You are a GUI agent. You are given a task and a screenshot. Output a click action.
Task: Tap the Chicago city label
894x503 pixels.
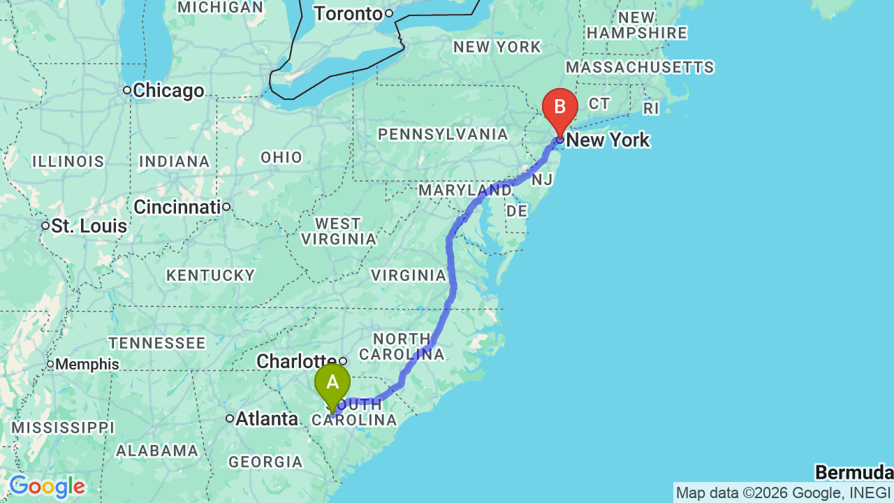168,91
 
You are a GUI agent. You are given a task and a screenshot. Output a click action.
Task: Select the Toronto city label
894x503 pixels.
349,13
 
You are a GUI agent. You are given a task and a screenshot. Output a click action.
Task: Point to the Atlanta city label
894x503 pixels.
267,419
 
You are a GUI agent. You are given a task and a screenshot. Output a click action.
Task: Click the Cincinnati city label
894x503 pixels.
177,207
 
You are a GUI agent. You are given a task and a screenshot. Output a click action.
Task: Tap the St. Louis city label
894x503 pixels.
89,226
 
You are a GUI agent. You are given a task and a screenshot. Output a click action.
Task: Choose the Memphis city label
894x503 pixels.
87,364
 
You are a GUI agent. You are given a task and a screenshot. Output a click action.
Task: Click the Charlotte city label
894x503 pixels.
296,361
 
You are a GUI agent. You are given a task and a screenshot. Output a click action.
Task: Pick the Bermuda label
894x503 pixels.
853,473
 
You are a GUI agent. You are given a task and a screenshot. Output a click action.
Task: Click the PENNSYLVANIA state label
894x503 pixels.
443,134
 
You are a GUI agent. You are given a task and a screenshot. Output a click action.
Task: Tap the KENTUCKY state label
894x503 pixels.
210,276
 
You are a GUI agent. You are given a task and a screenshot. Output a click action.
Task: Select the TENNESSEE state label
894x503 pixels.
157,343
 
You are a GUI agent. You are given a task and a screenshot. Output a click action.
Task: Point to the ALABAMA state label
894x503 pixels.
157,451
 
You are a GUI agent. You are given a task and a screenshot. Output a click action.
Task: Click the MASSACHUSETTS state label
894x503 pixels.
640,67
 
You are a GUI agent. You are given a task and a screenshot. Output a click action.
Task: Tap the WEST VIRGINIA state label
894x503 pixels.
339,231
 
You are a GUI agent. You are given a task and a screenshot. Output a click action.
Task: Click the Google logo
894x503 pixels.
47,486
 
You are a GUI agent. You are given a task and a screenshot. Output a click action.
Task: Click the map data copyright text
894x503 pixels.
783,493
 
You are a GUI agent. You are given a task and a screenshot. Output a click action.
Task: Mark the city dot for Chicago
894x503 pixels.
127,90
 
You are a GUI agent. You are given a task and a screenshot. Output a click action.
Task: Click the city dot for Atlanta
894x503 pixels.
229,418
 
